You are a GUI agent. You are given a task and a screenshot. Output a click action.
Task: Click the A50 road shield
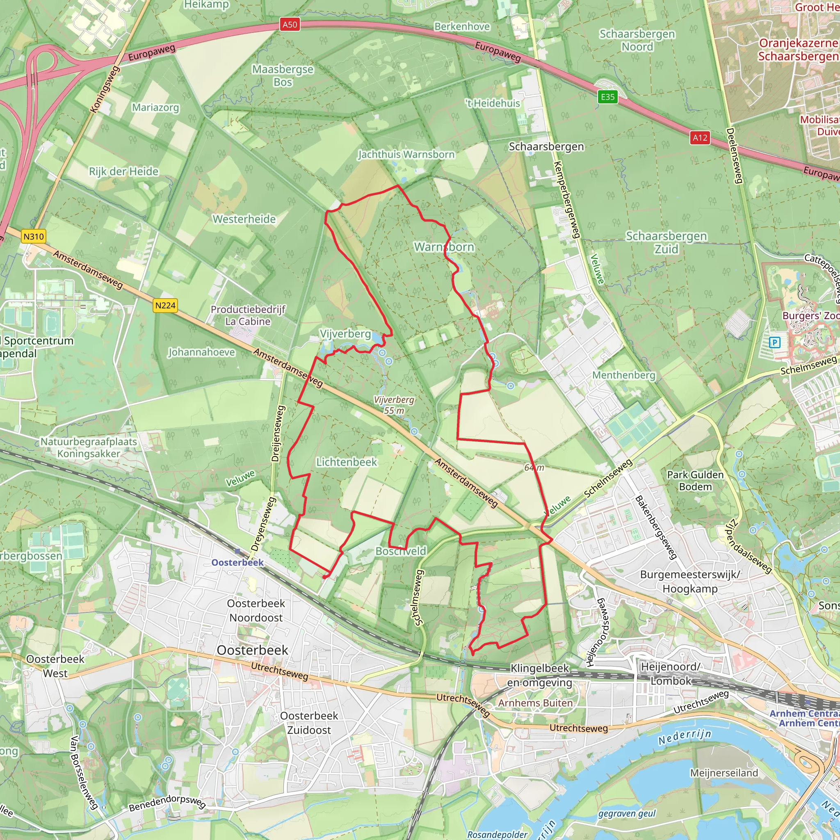(290, 24)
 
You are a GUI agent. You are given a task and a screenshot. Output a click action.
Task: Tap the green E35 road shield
(607, 96)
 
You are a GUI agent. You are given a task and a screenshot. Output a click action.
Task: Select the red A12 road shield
(700, 138)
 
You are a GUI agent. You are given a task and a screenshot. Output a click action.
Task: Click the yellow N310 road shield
(34, 237)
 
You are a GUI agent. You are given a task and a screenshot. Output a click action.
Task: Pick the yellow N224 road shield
(165, 306)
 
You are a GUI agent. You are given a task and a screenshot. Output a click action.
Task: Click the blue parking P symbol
(774, 342)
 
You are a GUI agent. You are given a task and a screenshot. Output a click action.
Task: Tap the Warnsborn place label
(444, 247)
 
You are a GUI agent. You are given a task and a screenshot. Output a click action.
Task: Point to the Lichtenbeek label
(347, 462)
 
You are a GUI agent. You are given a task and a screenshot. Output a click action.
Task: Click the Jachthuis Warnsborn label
(406, 154)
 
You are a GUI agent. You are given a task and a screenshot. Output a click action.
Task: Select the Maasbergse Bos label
(283, 75)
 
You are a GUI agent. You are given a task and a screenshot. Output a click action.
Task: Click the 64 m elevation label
(534, 468)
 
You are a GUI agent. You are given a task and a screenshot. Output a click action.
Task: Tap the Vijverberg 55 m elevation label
(394, 405)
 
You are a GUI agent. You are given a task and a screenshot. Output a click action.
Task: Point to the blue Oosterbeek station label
(237, 563)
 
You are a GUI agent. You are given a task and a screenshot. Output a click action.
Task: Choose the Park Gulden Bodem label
(695, 481)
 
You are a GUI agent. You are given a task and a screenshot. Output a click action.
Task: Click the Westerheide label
(244, 219)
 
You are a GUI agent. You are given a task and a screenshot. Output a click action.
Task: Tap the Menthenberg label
(623, 375)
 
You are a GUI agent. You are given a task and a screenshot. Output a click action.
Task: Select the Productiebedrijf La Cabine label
(248, 316)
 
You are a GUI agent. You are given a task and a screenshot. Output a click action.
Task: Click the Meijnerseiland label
(724, 773)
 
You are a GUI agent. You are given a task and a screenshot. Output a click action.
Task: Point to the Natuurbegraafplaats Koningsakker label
(89, 448)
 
